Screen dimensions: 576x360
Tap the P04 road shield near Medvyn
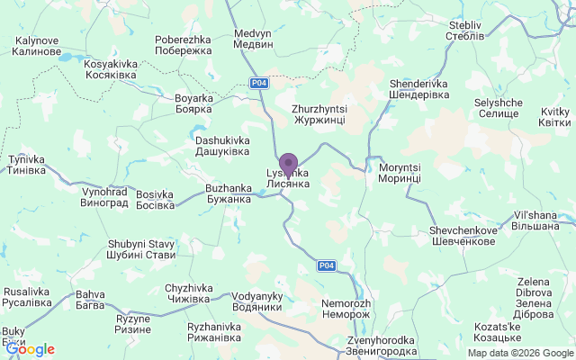(x=259, y=83)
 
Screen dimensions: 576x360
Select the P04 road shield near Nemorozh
(x=327, y=265)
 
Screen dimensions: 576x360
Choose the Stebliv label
(x=465, y=31)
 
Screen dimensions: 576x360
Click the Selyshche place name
(x=497, y=108)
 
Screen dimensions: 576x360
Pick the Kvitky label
(x=554, y=117)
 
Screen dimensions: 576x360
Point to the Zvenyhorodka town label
(x=382, y=346)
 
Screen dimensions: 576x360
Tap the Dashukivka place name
(x=222, y=146)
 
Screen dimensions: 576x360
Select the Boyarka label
(x=193, y=103)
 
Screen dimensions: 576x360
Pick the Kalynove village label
(x=37, y=46)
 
